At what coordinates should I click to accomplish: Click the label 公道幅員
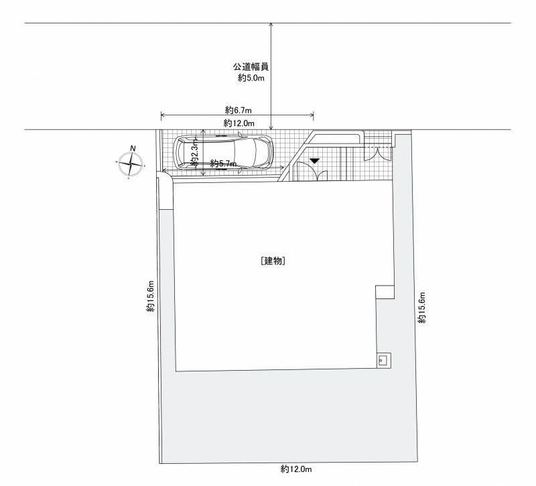click(x=251, y=66)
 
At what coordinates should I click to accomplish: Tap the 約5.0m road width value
click(x=251, y=78)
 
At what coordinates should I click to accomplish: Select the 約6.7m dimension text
click(x=239, y=110)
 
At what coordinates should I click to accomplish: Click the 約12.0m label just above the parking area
click(x=239, y=123)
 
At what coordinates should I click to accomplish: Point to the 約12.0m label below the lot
click(x=296, y=469)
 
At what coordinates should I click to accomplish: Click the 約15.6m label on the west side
click(x=151, y=296)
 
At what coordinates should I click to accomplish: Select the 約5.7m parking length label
click(x=223, y=164)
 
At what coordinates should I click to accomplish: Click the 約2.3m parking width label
click(x=194, y=152)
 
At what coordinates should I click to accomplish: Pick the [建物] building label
click(x=273, y=261)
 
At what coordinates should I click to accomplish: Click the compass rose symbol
click(x=131, y=164)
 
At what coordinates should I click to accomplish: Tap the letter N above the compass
click(x=133, y=148)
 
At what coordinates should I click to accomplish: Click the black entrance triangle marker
click(x=314, y=160)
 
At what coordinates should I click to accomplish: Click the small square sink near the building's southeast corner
click(x=382, y=360)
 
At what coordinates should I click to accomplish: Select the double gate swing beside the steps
click(x=377, y=154)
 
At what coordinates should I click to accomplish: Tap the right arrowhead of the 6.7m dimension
click(x=312, y=115)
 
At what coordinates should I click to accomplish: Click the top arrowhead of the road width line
click(x=271, y=25)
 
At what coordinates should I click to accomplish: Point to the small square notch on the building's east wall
click(x=385, y=292)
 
